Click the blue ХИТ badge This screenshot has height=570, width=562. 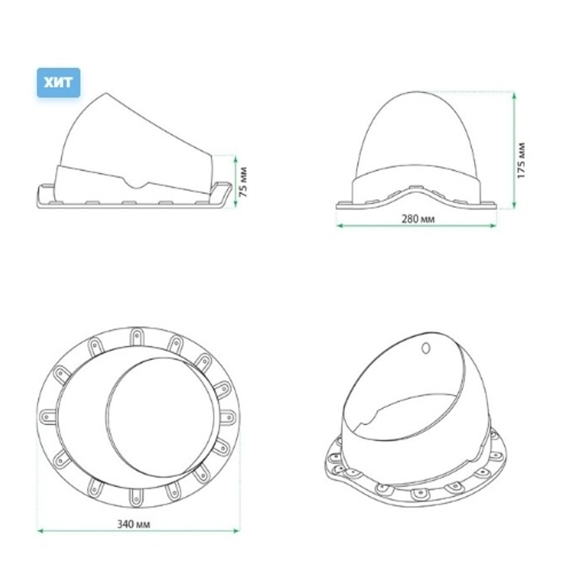[x=58, y=83]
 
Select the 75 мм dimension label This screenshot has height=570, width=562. [x=243, y=182]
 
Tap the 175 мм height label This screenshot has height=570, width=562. [x=522, y=161]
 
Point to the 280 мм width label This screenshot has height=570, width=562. [x=418, y=219]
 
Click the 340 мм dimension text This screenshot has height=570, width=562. [x=134, y=524]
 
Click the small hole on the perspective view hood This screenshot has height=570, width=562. [x=425, y=348]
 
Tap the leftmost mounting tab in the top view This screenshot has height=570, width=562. [x=48, y=417]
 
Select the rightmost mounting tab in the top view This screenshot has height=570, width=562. [x=227, y=417]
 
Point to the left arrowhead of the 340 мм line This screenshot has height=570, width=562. [x=40, y=530]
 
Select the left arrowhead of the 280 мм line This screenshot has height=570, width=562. [x=339, y=226]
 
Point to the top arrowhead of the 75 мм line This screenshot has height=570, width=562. [x=235, y=158]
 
